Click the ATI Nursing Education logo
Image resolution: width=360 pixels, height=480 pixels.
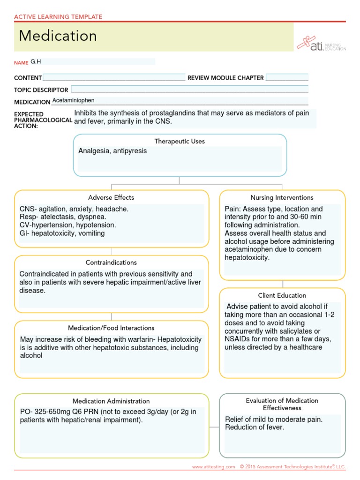click(x=322, y=43)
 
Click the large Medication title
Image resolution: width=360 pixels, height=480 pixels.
click(x=58, y=36)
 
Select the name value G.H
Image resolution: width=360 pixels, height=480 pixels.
click(x=36, y=61)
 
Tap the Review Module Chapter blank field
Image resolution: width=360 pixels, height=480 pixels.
click(x=287, y=78)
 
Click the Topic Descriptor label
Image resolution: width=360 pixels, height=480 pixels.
click(x=41, y=90)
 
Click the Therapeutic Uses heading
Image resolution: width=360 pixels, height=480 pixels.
click(x=180, y=141)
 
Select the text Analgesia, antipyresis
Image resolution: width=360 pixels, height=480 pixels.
click(x=112, y=151)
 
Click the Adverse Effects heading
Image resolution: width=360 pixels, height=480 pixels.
click(x=111, y=197)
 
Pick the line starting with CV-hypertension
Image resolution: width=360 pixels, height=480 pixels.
click(x=67, y=225)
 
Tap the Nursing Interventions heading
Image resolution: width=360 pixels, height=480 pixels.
click(x=282, y=197)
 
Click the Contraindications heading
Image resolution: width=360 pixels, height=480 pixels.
click(x=111, y=262)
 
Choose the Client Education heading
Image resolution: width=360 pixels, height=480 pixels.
click(x=282, y=295)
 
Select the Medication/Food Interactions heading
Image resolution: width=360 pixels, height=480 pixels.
click(x=111, y=328)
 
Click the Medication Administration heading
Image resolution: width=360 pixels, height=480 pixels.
click(x=111, y=401)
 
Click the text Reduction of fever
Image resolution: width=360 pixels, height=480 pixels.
click(x=255, y=427)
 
